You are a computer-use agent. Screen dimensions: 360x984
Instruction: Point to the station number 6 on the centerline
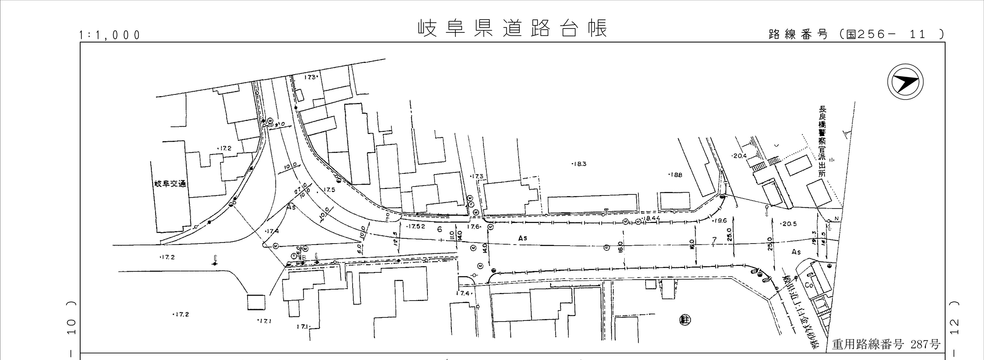440,229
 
